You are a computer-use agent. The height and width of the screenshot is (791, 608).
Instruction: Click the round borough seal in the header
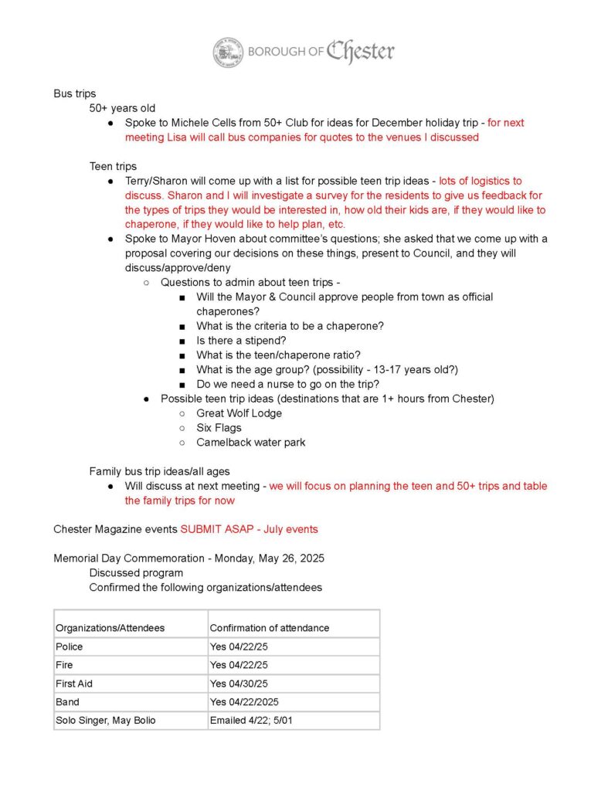[x=229, y=52]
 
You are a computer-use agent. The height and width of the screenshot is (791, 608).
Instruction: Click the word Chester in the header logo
[x=360, y=52]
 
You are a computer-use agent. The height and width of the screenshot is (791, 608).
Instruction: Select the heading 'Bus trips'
[x=75, y=93]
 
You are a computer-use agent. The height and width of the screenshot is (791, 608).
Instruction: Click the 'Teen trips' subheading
[x=113, y=166]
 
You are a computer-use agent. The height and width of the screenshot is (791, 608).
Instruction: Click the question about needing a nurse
[x=287, y=384]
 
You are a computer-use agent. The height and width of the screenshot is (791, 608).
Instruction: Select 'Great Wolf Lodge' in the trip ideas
[x=239, y=413]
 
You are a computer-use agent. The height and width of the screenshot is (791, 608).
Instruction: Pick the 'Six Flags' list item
[x=219, y=428]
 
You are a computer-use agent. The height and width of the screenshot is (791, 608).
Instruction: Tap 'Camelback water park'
[x=250, y=443]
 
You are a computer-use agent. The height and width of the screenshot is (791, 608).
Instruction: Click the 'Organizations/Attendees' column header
[x=110, y=628]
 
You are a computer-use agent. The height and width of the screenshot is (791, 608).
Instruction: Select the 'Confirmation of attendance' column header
[x=269, y=628]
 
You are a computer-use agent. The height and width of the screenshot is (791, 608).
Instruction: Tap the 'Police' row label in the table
[x=70, y=647]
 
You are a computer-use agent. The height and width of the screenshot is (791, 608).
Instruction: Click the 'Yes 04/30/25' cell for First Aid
[x=239, y=684]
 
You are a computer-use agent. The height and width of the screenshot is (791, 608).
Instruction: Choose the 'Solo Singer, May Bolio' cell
[x=105, y=721]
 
